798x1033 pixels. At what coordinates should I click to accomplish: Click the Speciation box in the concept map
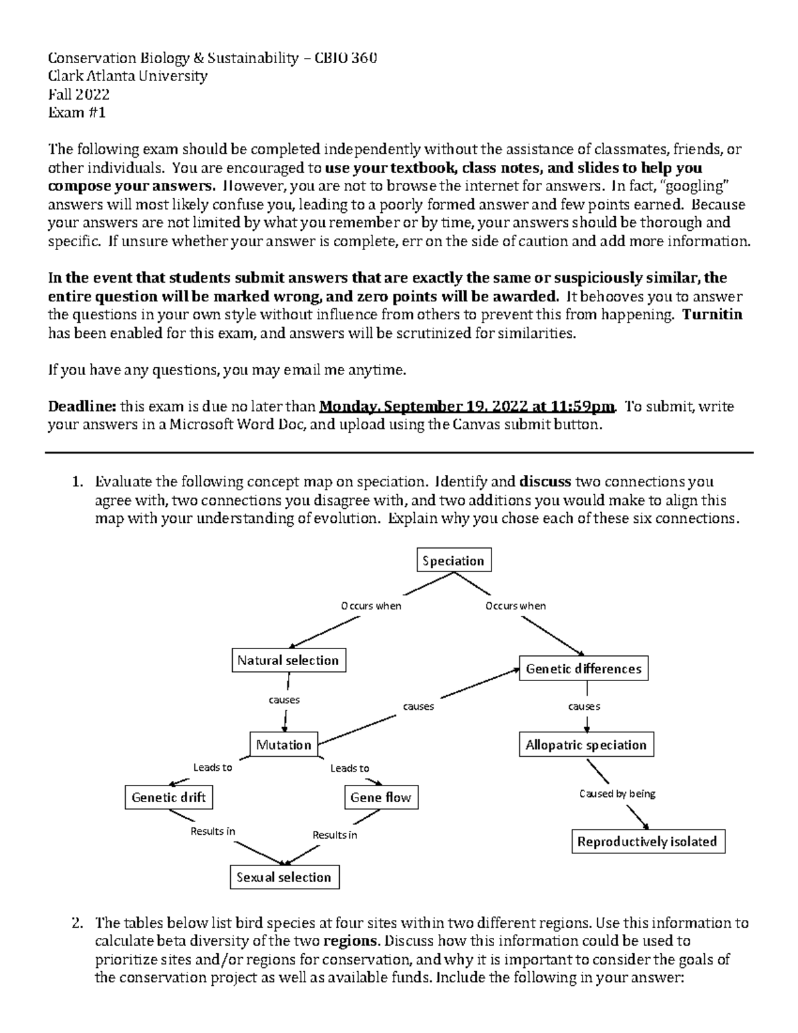454,561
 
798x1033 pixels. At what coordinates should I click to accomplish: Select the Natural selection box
288,661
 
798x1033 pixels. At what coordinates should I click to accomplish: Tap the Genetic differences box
583,669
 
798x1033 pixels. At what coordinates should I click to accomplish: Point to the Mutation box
284,745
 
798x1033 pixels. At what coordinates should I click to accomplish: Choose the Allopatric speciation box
586,745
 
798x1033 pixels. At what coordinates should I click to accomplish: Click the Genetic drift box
169,798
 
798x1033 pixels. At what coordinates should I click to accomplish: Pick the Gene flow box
381,798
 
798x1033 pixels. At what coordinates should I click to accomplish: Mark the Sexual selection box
284,877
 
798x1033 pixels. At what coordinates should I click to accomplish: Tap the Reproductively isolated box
647,842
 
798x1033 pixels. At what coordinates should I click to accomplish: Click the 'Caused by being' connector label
617,794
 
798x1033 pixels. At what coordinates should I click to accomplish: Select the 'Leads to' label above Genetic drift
212,768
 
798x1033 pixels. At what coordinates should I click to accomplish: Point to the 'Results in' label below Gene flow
334,835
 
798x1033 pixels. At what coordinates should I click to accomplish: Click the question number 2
76,923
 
